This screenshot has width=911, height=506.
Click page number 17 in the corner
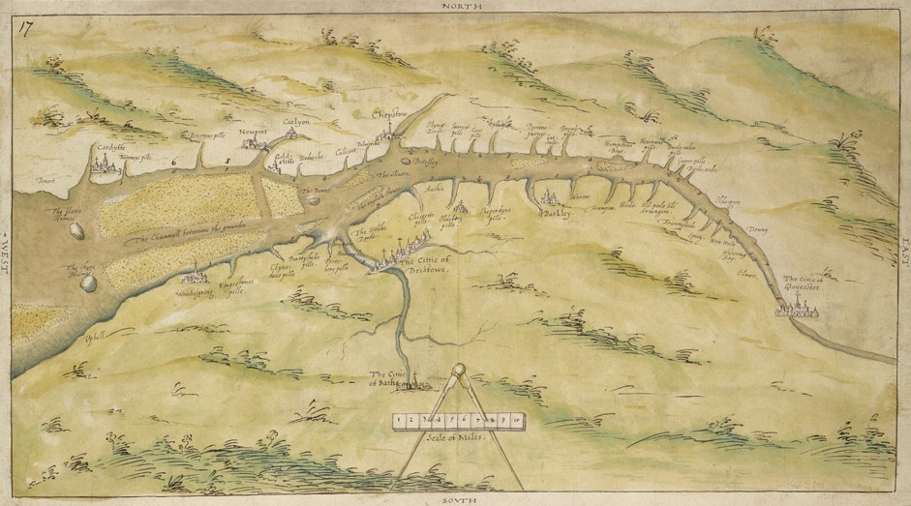(26, 27)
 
